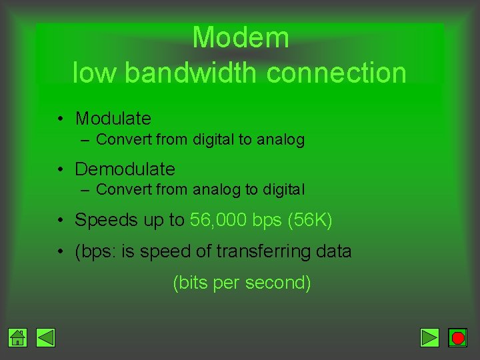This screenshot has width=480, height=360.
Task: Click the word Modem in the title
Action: pyautogui.click(x=241, y=37)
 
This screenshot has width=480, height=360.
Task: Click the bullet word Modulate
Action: pyautogui.click(x=113, y=119)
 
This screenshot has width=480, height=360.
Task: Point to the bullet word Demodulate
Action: pyautogui.click(x=125, y=169)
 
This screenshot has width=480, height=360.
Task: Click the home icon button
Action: pyautogui.click(x=18, y=338)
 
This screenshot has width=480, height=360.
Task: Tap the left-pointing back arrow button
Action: pyautogui.click(x=45, y=338)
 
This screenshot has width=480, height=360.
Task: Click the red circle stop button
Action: pyautogui.click(x=457, y=338)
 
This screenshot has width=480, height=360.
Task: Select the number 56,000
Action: pyautogui.click(x=218, y=220)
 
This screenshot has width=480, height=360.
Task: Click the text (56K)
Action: pyautogui.click(x=310, y=220)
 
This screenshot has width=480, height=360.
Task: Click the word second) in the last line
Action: pyautogui.click(x=278, y=283)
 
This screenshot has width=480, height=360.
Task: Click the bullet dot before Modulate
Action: pyautogui.click(x=60, y=119)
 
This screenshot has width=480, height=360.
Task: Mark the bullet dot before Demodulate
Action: pyautogui.click(x=60, y=170)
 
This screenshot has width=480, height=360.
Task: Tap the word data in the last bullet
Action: pyautogui.click(x=335, y=251)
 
